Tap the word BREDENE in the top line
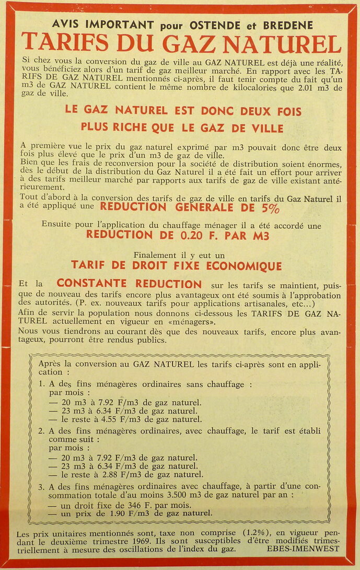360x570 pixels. point(288,25)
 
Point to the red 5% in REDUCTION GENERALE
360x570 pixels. point(270,208)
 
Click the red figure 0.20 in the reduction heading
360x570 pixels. point(195,235)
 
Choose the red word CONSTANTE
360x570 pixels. point(91,284)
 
